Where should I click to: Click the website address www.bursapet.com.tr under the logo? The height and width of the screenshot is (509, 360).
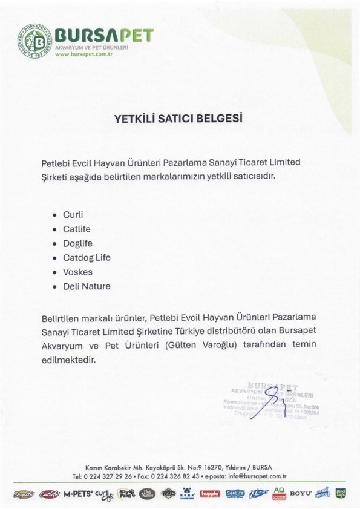click(85, 54)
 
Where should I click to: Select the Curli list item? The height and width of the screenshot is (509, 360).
click(73, 214)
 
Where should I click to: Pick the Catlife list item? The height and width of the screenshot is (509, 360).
click(76, 229)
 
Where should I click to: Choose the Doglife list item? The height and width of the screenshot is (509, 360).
click(77, 243)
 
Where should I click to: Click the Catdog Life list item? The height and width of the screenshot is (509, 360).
click(87, 257)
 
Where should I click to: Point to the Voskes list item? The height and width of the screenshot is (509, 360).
click(77, 272)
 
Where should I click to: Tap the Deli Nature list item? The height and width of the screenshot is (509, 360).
click(87, 286)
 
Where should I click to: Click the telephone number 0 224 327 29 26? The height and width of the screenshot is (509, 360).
click(112, 476)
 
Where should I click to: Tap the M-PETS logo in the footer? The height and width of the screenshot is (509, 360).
click(79, 494)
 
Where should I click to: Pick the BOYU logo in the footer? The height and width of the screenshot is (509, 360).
click(300, 494)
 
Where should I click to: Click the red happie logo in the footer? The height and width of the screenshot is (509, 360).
click(209, 494)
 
